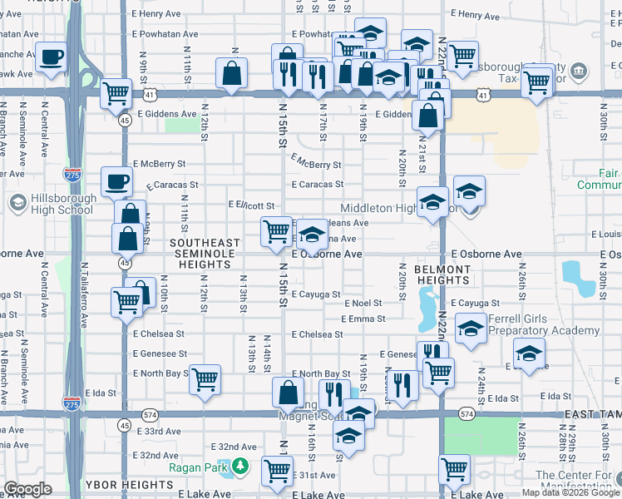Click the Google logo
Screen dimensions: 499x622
27,489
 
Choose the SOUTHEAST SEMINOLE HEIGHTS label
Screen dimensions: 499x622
205,254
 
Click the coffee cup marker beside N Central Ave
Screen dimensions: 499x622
52,57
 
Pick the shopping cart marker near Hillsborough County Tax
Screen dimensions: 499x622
537,82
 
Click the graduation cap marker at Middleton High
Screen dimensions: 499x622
432,202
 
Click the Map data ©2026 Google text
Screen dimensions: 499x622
570,492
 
